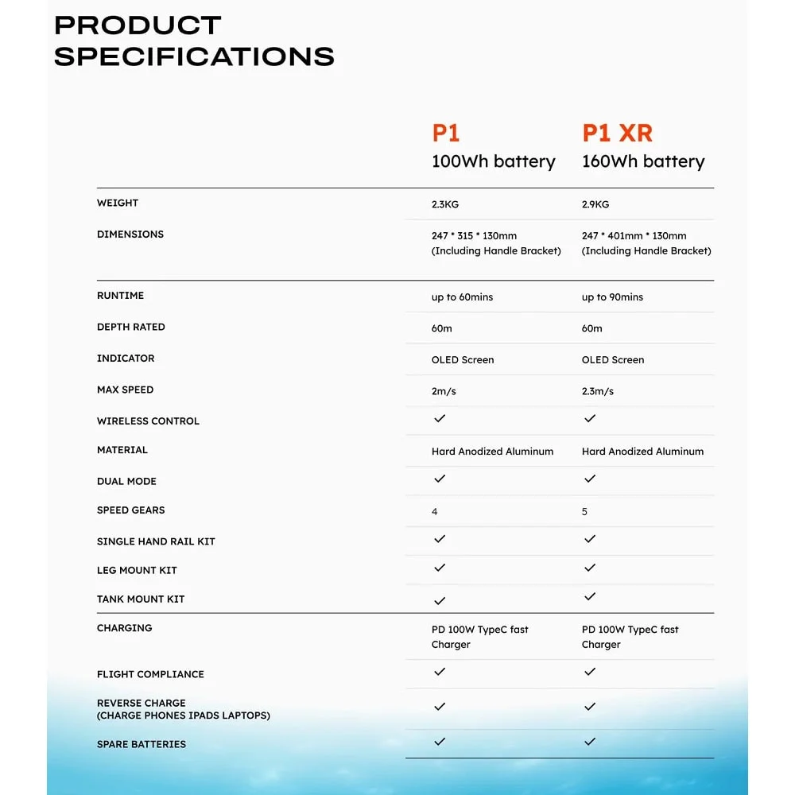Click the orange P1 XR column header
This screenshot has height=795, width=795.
tap(617, 133)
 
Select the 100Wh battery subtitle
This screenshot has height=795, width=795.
tap(493, 161)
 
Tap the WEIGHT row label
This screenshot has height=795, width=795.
tap(118, 203)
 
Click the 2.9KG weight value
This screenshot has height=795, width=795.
tap(595, 204)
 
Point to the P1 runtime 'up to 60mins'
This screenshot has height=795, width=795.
tap(462, 297)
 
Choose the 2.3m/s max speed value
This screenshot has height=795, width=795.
tap(598, 391)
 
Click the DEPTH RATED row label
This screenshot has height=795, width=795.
tap(131, 327)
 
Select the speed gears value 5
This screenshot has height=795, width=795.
tap(584, 512)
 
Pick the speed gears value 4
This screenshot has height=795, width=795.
tap(434, 512)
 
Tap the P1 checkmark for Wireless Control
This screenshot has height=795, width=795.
tap(440, 418)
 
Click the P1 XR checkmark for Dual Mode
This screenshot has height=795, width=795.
tap(590, 479)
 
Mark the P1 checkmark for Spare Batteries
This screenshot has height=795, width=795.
tap(440, 742)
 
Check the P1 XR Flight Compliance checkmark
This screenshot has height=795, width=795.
tap(590, 672)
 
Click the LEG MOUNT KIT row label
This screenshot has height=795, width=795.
tap(137, 570)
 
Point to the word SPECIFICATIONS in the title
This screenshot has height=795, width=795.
tap(194, 56)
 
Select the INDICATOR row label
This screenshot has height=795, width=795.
tap(126, 359)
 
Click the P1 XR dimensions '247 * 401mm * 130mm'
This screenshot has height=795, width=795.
tap(634, 236)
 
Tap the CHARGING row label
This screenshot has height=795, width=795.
tap(124, 628)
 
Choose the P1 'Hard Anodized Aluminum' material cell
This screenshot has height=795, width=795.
tap(492, 452)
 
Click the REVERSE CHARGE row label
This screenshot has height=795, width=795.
tap(142, 703)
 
